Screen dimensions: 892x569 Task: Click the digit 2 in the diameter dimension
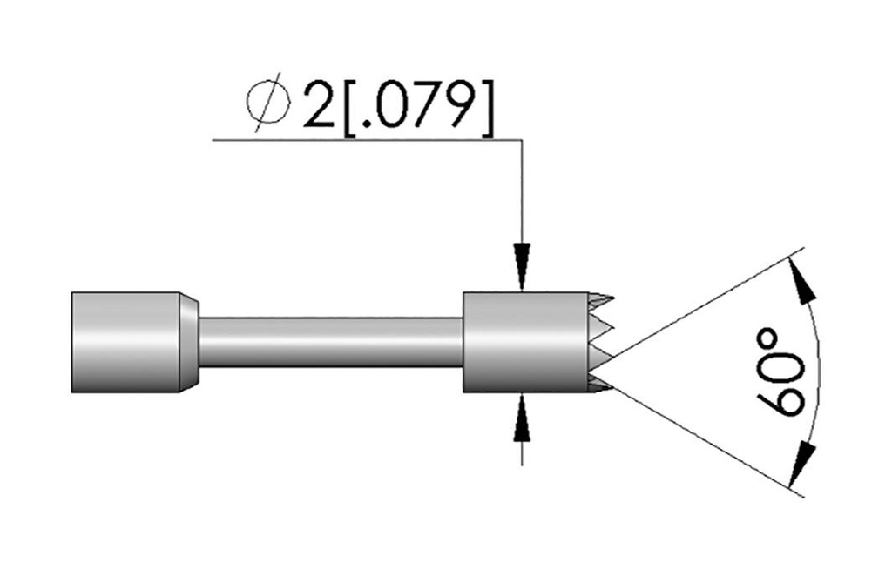319,105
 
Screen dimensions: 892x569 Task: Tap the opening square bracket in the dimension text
350,108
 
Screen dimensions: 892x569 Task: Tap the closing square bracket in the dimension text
487,108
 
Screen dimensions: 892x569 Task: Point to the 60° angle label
781,372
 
